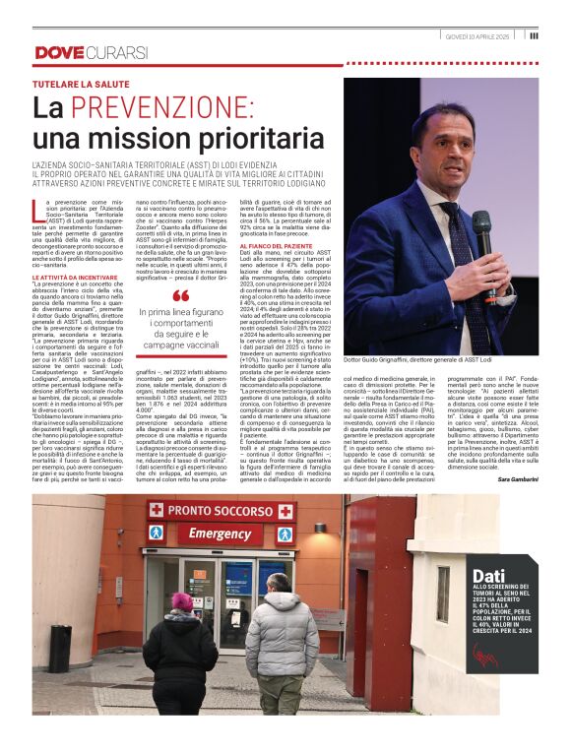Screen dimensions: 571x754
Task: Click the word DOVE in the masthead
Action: point(57,52)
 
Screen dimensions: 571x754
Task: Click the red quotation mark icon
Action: point(181,296)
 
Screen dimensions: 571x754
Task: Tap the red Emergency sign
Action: point(220,533)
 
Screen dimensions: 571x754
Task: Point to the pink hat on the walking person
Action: point(183,600)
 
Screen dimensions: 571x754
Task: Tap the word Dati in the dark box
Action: point(490,576)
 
